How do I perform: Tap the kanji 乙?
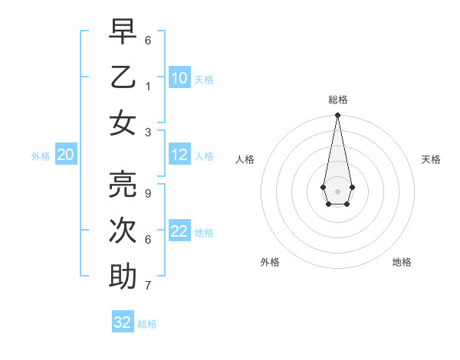tap(123, 77)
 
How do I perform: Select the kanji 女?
tap(123, 123)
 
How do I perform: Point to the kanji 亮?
tap(123, 185)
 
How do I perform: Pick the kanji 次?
tap(123, 231)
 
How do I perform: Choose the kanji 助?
tap(123, 277)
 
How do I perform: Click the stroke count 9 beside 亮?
tap(148, 194)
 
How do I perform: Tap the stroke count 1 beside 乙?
tap(148, 87)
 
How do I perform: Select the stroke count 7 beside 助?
tap(148, 286)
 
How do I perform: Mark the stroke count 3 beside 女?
tap(148, 133)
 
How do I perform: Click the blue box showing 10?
tap(179, 78)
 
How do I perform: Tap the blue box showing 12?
tap(179, 155)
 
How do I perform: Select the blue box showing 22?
tap(179, 231)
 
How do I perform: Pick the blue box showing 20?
tap(65, 155)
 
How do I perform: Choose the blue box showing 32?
tap(123, 322)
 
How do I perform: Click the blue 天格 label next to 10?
tap(204, 80)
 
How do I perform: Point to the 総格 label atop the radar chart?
tap(337, 100)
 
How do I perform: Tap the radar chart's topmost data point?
tap(337, 115)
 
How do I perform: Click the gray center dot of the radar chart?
tap(337, 191)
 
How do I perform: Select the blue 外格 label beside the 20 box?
tap(41, 156)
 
